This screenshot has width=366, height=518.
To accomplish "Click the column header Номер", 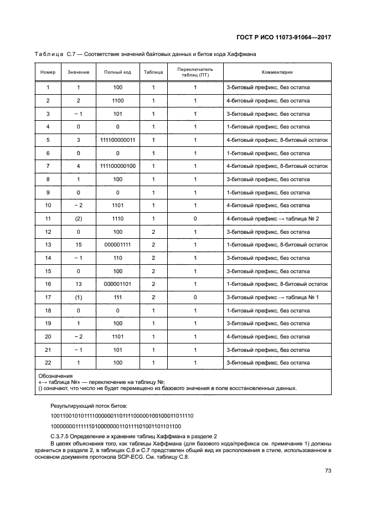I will coord(48,73).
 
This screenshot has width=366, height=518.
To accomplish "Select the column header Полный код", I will coord(117,73).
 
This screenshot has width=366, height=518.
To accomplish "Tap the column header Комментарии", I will coord(277,73).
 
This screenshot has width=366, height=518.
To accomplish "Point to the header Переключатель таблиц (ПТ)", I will coord(195,73).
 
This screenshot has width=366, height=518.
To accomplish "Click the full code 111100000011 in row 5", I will coord(117,140).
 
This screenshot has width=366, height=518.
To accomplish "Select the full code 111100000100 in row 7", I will coord(117,166).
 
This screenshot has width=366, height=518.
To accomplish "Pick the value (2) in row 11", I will coord(78,218).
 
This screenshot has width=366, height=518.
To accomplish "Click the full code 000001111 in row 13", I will coord(117,245).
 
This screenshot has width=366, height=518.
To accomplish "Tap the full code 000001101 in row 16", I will coord(117,284).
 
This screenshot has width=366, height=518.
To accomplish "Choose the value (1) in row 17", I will coord(78,297).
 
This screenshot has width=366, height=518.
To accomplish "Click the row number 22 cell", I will coord(48,362).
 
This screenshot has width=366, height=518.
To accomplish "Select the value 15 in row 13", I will coord(78,245).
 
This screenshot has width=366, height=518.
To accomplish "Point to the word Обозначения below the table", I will coord(55,376).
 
